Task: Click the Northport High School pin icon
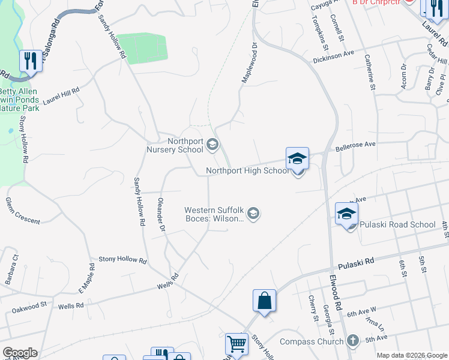pos(297,160)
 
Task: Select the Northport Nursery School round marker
pos(212,144)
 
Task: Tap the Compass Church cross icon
pos(354,341)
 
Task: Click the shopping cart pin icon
pos(237,345)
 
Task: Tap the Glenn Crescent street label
pos(23,211)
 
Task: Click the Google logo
pos(20,353)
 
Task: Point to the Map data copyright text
pos(411,355)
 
